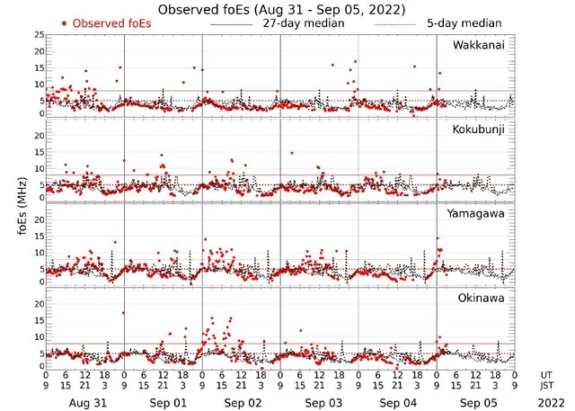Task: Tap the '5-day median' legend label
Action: pos(464,22)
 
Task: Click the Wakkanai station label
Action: pos(480,44)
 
